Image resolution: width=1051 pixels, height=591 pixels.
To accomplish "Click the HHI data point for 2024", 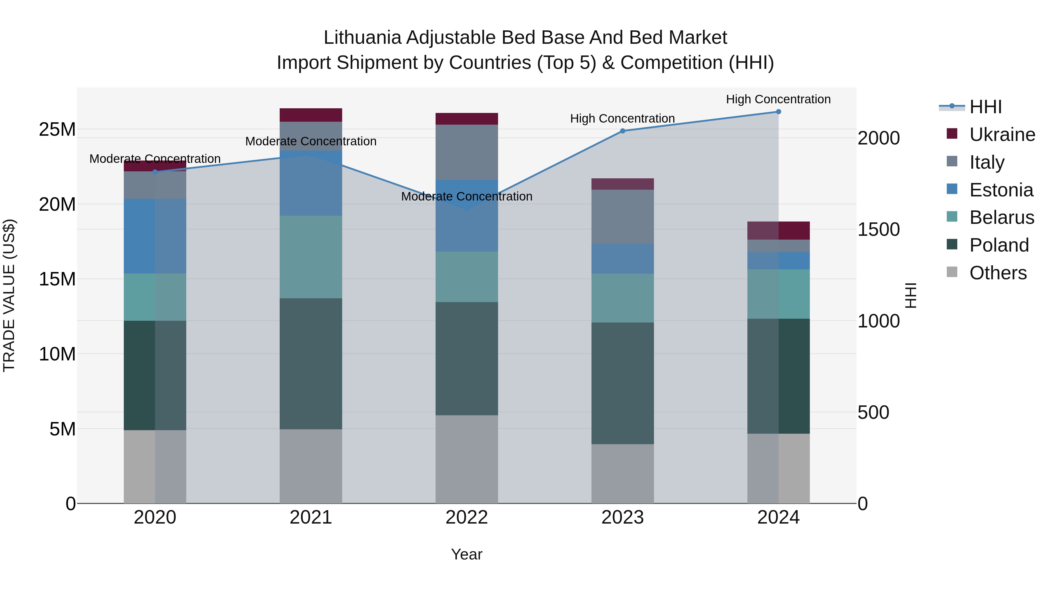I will [x=778, y=112].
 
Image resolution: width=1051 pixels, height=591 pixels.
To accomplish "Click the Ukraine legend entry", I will [x=1002, y=135].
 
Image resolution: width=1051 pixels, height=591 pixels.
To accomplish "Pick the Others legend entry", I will [x=998, y=273].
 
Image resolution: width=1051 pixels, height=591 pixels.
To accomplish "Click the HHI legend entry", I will [x=985, y=107].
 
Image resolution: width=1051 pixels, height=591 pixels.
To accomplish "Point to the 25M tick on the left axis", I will [x=57, y=129].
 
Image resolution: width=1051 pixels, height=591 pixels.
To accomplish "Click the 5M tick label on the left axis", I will [x=62, y=429].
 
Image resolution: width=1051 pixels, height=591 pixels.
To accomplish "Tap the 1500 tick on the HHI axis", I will [x=878, y=229].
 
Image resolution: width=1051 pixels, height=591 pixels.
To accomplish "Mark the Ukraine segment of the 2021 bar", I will [x=311, y=115].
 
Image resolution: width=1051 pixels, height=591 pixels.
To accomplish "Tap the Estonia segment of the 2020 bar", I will [x=155, y=236].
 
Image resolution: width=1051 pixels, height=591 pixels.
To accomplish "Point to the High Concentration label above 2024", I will [x=778, y=99].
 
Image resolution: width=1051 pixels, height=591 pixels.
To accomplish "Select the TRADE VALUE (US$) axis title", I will [x=9, y=295].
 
